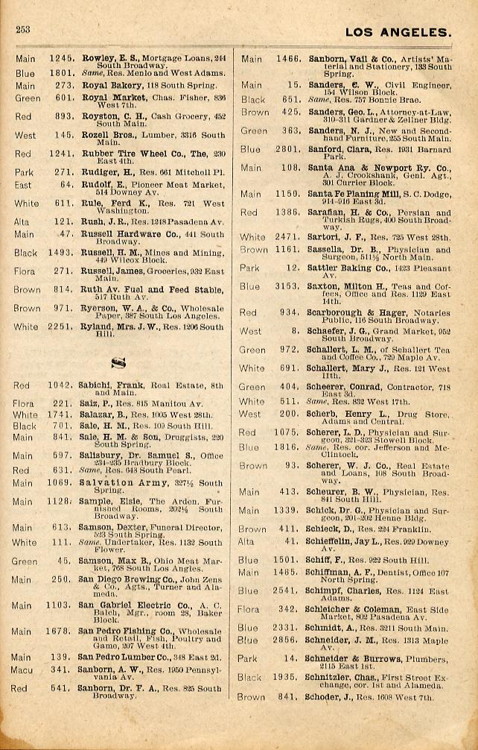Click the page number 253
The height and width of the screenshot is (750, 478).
click(22, 30)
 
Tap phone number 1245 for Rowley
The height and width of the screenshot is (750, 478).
click(62, 57)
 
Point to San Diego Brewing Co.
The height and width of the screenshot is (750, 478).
click(125, 580)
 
